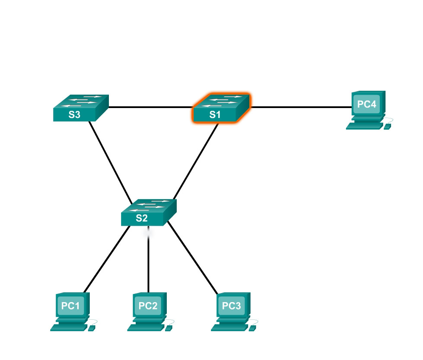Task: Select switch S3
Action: (x=80, y=108)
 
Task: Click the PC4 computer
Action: (x=368, y=108)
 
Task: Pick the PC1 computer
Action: (x=72, y=309)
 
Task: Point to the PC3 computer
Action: (x=232, y=309)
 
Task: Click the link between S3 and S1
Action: (x=150, y=107)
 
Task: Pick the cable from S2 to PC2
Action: (x=149, y=264)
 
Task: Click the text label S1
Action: (x=215, y=115)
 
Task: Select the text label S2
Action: (x=142, y=218)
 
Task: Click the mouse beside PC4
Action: (x=387, y=127)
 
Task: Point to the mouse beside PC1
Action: (x=91, y=328)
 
